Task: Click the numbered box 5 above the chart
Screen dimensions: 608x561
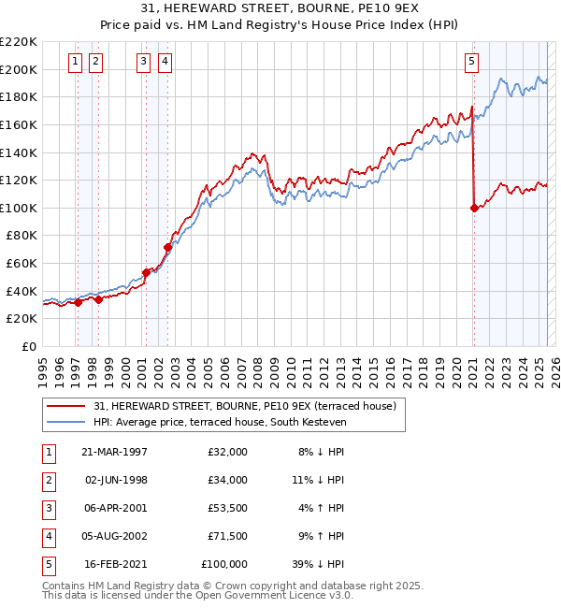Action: click(x=471, y=63)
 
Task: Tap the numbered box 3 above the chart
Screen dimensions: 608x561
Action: click(x=143, y=63)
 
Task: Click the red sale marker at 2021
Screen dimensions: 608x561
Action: click(x=474, y=208)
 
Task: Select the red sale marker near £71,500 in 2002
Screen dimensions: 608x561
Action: click(x=168, y=247)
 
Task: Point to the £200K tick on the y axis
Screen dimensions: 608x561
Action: click(x=19, y=69)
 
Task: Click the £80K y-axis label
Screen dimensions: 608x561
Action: click(x=22, y=236)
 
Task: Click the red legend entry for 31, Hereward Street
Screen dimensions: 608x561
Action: click(x=245, y=406)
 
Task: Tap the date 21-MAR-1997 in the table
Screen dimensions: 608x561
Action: click(x=114, y=451)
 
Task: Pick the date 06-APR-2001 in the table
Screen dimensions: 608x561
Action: click(x=114, y=508)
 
